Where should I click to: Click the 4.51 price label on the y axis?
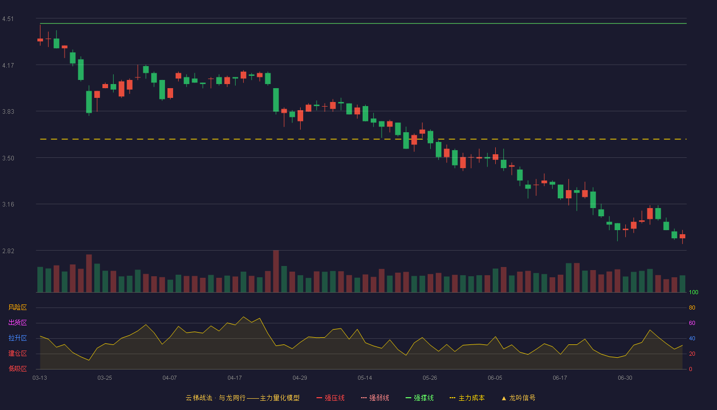(8, 19)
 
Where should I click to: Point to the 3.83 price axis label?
(8, 112)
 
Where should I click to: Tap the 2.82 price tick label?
(8, 251)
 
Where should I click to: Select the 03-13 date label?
(40, 378)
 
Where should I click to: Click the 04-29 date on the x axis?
(300, 378)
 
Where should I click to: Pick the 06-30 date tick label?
(625, 378)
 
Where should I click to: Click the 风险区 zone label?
(17, 307)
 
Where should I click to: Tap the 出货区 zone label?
(17, 322)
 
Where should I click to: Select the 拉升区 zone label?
(17, 338)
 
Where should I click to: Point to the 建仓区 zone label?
(17, 353)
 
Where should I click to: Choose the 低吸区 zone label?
(17, 368)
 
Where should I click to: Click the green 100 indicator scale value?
(693, 292)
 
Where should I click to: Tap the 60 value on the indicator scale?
(692, 323)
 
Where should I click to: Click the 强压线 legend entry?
(330, 398)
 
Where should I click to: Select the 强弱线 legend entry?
(375, 398)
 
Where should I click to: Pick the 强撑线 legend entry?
(419, 398)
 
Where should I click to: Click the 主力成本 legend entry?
(467, 398)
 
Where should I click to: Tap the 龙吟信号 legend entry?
(518, 398)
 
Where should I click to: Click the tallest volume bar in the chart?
(276, 271)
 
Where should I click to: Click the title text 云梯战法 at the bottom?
(199, 398)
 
